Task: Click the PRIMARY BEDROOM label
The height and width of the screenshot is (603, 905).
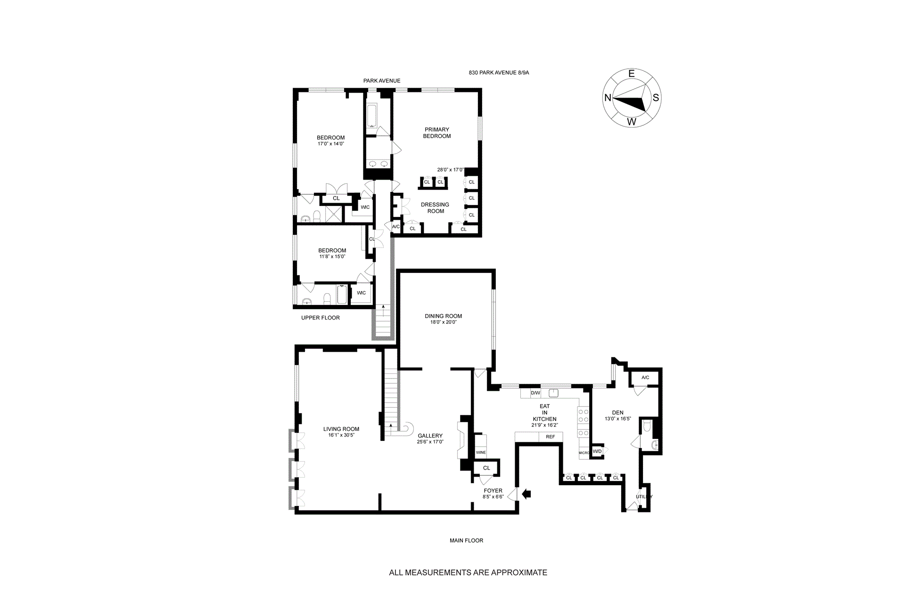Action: click(436, 132)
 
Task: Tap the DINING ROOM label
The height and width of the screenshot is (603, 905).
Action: click(443, 316)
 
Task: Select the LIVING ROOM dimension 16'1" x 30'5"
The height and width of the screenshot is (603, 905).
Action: click(341, 435)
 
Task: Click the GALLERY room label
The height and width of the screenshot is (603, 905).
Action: click(430, 436)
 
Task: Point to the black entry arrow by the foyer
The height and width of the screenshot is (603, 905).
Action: click(527, 494)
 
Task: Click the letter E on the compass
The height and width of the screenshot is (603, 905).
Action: click(632, 74)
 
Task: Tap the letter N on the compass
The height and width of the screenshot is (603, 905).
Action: click(608, 98)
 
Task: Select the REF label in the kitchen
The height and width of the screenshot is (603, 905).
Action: click(550, 437)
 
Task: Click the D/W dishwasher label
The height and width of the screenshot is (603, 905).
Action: click(535, 393)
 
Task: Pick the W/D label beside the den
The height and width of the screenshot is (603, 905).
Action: click(597, 451)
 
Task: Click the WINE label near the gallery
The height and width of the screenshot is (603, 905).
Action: click(481, 453)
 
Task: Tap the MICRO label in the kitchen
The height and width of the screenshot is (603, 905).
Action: click(584, 453)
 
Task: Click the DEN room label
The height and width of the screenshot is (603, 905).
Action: click(617, 412)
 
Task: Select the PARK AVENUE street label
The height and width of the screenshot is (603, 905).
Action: click(382, 81)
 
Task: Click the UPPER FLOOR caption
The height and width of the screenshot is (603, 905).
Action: click(321, 318)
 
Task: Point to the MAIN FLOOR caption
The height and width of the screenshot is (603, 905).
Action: click(466, 540)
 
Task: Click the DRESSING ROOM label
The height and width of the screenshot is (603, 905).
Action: click(435, 208)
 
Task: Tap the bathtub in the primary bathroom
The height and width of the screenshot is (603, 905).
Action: click(371, 116)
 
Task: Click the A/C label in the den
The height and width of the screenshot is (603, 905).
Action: click(645, 377)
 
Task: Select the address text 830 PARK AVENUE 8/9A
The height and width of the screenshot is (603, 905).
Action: click(499, 73)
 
